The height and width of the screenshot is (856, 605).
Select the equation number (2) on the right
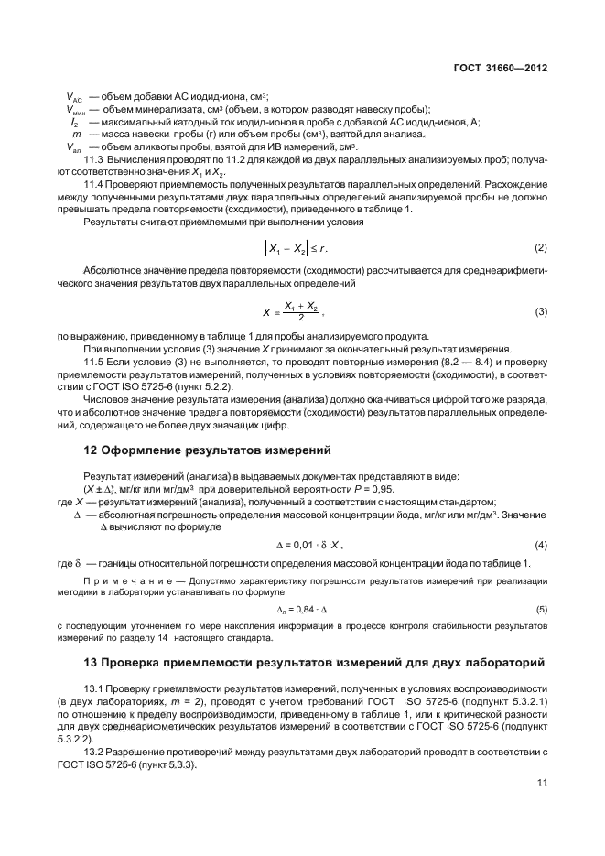[541, 248]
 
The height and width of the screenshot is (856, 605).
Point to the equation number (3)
[541, 312]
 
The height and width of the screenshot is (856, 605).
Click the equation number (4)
[541, 546]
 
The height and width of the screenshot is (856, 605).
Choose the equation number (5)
[541, 609]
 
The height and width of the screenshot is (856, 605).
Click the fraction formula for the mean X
[303, 312]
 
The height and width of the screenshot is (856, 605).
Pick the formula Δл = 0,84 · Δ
[303, 609]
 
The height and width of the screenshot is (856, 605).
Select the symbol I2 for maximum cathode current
[73, 123]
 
